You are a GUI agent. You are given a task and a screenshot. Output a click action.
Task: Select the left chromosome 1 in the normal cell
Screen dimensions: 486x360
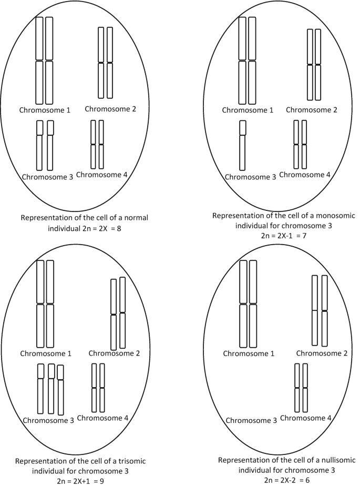click(39, 60)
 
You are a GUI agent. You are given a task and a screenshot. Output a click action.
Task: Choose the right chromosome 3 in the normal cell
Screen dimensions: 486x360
click(50, 145)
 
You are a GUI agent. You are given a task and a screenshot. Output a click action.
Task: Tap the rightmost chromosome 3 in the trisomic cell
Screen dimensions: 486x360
click(60, 390)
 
